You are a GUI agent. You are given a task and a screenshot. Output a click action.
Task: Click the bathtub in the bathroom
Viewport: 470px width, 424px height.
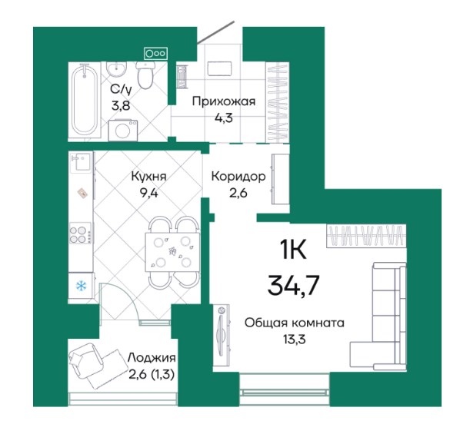pyautogui.click(x=85, y=101)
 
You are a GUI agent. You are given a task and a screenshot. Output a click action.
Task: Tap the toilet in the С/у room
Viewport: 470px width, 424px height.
pyautogui.click(x=145, y=75)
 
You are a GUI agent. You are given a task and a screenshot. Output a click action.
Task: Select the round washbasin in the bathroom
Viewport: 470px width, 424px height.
pyautogui.click(x=116, y=69)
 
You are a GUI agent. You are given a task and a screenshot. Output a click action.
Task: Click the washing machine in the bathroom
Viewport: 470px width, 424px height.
pyautogui.click(x=123, y=131)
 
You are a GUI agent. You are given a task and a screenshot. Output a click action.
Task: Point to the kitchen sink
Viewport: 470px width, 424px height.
pyautogui.click(x=81, y=162)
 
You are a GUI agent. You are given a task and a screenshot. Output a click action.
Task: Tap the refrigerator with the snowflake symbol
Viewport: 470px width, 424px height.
pyautogui.click(x=81, y=286)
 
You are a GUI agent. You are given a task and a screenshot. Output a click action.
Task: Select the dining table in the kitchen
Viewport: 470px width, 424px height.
pyautogui.click(x=172, y=252)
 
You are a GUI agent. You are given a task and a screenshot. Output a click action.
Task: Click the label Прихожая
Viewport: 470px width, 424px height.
pyautogui.click(x=224, y=101)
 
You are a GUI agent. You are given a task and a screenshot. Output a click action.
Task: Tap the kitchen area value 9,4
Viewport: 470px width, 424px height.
pyautogui.click(x=149, y=194)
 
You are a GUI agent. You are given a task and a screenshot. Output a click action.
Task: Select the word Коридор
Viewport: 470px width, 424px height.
pyautogui.click(x=238, y=177)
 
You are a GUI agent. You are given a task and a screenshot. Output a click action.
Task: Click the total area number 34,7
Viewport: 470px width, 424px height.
pyautogui.click(x=293, y=285)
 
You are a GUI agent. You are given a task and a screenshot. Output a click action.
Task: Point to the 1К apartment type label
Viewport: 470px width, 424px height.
pyautogui.click(x=293, y=250)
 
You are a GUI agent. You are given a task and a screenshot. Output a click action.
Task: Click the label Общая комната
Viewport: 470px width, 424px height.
pyautogui.click(x=295, y=323)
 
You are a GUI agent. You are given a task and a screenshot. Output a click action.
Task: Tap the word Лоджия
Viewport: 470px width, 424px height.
pyautogui.click(x=152, y=358)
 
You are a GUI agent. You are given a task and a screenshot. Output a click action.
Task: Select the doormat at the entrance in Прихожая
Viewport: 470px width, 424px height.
pyautogui.click(x=220, y=69)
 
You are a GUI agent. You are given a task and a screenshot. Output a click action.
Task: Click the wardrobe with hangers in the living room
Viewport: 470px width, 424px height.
pyautogui.click(x=366, y=236)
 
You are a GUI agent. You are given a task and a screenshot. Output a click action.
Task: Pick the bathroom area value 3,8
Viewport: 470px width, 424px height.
pyautogui.click(x=121, y=106)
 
